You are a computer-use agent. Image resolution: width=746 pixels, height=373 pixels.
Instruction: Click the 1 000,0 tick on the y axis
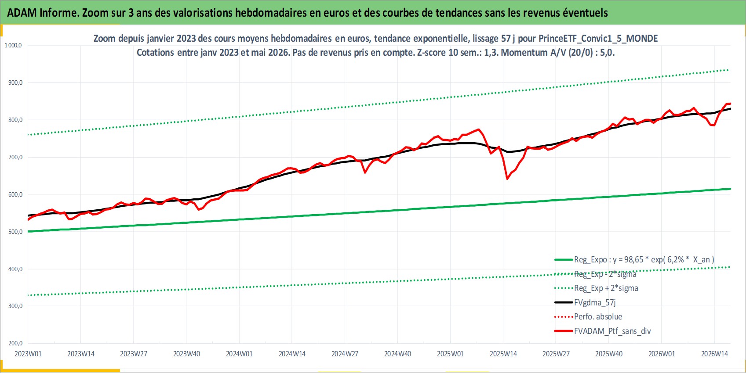(13, 45)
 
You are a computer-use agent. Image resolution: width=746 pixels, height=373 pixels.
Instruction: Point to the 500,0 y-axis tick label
(15, 232)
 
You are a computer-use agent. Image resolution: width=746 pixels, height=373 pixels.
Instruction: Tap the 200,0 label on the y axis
(15, 344)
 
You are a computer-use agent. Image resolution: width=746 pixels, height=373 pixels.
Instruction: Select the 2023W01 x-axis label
(28, 354)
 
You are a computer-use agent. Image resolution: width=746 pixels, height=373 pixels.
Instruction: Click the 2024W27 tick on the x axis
(345, 354)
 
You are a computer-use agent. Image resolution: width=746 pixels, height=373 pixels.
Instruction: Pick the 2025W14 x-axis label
(503, 354)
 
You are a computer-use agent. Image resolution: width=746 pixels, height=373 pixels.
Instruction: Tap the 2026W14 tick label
(715, 354)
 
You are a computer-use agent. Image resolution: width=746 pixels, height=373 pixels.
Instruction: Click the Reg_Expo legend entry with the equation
(634, 260)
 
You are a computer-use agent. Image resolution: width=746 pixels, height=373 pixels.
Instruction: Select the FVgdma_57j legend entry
(585, 302)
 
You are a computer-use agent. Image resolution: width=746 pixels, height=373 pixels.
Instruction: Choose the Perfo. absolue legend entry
(588, 316)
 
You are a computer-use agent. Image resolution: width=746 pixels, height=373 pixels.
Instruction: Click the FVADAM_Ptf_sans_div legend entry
(602, 331)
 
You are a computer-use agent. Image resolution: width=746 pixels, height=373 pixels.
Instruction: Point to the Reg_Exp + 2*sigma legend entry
(596, 288)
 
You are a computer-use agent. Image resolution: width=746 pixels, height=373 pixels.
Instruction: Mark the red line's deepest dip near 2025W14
(507, 179)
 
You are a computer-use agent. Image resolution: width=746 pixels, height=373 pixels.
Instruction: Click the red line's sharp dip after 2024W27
(365, 172)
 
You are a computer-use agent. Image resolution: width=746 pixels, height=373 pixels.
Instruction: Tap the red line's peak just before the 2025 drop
(479, 129)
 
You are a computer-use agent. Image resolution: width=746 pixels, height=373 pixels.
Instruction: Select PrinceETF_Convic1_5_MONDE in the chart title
(598, 39)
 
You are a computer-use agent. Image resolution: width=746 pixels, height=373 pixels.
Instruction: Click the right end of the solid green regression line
(731, 189)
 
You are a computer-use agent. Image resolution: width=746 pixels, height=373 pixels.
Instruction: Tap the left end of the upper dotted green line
(28, 135)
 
